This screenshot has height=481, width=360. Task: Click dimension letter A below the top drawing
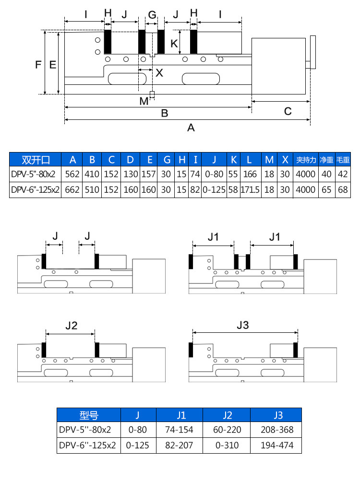(191, 128)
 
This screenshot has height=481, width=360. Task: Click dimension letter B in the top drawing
(164, 114)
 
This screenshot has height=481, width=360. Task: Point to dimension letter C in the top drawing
(288, 111)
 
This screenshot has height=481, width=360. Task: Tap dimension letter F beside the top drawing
(38, 64)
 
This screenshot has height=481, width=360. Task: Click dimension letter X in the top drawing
(159, 73)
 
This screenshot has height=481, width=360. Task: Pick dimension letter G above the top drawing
(152, 15)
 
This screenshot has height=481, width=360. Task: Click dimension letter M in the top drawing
(144, 101)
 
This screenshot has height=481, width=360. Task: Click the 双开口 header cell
(36, 160)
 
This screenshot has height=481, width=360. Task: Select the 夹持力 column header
(306, 160)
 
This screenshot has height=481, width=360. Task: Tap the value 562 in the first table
(72, 174)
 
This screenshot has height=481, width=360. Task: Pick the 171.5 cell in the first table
(250, 190)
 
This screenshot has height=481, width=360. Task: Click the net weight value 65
(326, 190)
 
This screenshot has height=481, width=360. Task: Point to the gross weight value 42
(342, 174)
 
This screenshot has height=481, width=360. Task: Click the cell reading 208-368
(276, 430)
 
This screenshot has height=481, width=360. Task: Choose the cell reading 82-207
(179, 445)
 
